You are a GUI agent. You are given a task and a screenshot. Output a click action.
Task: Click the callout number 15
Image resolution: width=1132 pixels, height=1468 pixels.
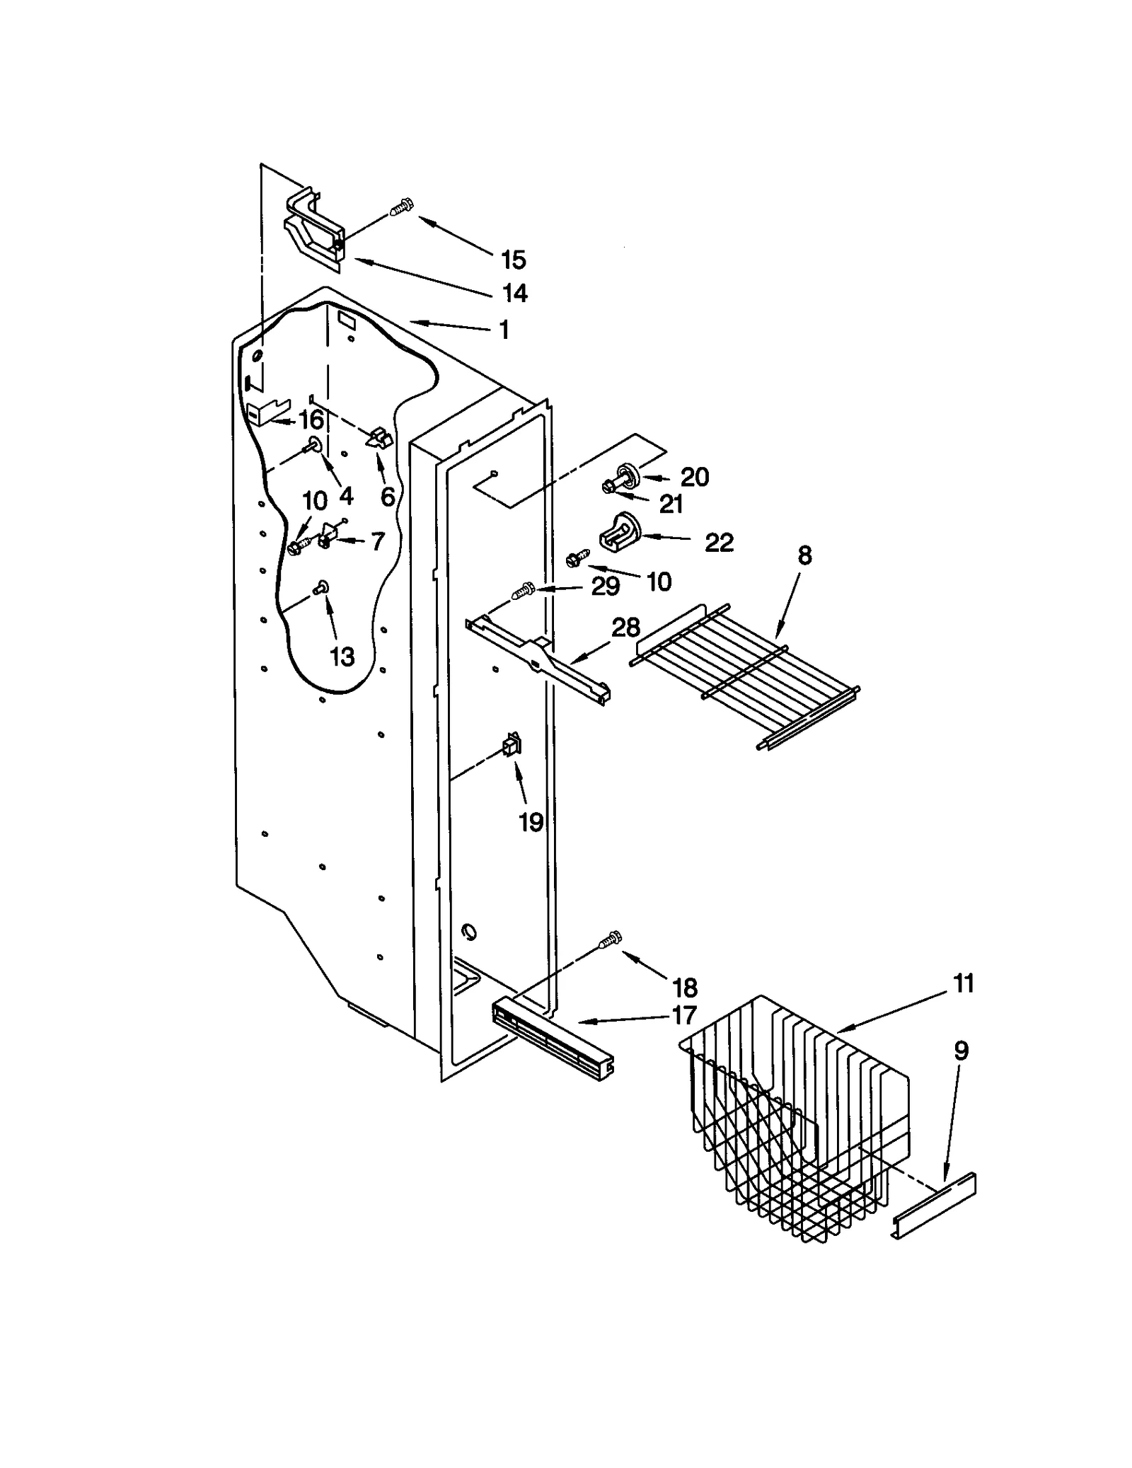click(513, 260)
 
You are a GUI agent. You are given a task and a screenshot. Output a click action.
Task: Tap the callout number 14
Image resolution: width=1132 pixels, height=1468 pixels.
click(514, 292)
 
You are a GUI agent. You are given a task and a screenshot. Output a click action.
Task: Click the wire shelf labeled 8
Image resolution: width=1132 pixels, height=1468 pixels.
click(743, 672)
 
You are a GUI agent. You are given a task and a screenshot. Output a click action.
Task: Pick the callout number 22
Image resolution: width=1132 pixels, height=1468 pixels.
click(719, 543)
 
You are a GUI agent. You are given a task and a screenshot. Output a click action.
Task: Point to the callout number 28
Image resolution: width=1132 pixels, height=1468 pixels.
click(625, 627)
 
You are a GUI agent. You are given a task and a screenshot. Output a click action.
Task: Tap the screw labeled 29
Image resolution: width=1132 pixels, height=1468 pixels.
click(524, 589)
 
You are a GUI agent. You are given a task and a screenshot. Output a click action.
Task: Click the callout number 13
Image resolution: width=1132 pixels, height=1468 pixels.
click(342, 657)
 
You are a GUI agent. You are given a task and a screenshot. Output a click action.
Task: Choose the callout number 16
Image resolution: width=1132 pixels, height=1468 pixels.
click(311, 420)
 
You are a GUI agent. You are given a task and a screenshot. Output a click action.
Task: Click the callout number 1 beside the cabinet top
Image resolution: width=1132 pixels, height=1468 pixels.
click(504, 330)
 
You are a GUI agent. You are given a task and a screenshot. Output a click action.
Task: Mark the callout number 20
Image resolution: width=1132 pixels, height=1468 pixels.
click(694, 477)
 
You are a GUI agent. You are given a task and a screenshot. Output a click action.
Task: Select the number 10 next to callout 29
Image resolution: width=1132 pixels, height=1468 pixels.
click(658, 582)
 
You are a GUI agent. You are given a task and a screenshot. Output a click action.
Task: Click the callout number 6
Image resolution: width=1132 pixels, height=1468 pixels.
click(388, 497)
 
